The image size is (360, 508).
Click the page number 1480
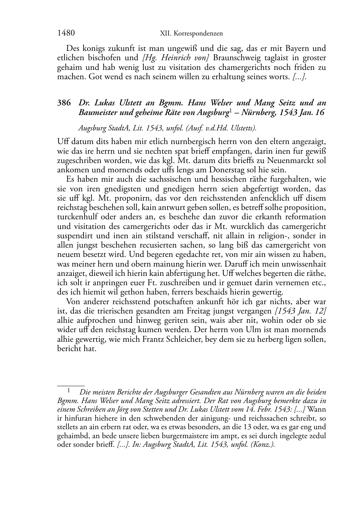66,33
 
